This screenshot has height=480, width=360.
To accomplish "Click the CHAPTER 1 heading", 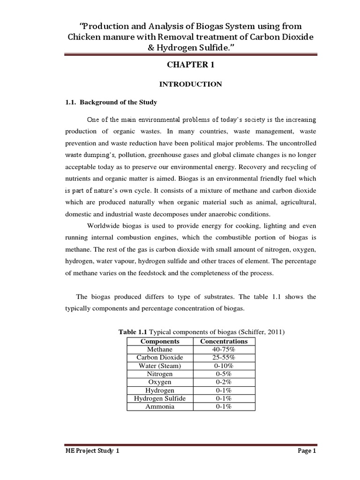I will pos(190,66).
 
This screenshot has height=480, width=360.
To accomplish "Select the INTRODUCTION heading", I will pos(190,84).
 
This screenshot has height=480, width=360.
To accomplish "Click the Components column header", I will pos(160,341).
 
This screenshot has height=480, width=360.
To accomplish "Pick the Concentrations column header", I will pos(224,341).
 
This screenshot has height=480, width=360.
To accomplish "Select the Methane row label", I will pos(160,350).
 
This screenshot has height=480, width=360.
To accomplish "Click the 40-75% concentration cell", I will pos(224,350).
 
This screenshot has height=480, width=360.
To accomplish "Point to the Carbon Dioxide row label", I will pos(160,358).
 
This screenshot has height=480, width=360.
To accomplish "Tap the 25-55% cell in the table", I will pos(224,358).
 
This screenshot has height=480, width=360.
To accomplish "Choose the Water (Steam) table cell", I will pos(160,366).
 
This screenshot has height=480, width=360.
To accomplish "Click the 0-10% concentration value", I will pos(224,366).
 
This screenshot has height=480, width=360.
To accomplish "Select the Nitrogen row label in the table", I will pos(160,374).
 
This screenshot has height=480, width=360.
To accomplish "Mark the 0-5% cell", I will pos(224,374).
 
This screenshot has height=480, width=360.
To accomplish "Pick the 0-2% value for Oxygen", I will pos(224,382).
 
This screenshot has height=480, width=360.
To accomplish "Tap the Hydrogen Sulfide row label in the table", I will pos(160,398).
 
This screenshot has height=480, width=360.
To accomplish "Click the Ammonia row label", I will pos(160,406).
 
